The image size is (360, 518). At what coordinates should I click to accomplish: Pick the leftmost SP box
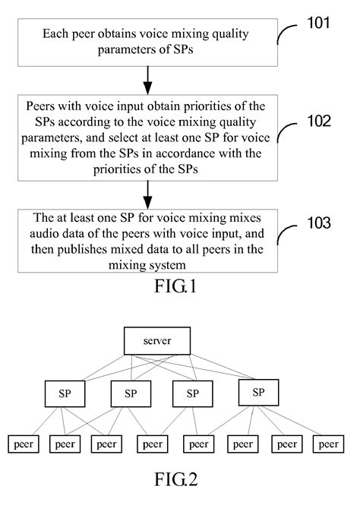65,393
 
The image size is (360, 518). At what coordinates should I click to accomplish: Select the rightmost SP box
258,392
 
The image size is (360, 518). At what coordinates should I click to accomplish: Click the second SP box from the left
131,393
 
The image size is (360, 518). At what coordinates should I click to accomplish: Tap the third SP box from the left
193,393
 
